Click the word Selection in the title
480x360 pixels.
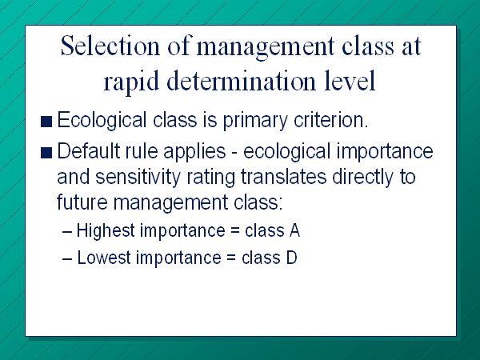110,46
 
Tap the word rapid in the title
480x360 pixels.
131,82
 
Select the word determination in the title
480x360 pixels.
242,81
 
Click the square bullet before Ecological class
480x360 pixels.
46,122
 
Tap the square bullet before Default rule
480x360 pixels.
46,153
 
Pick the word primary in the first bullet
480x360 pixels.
255,121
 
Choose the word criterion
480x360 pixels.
330,120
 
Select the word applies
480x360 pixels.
194,152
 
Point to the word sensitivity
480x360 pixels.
138,178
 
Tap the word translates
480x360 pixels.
283,177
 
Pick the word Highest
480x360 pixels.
106,230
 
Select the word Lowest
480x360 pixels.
104,258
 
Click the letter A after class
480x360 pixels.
294,230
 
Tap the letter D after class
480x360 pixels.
292,258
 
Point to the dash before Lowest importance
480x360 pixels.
67,259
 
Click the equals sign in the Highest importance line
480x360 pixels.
234,231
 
